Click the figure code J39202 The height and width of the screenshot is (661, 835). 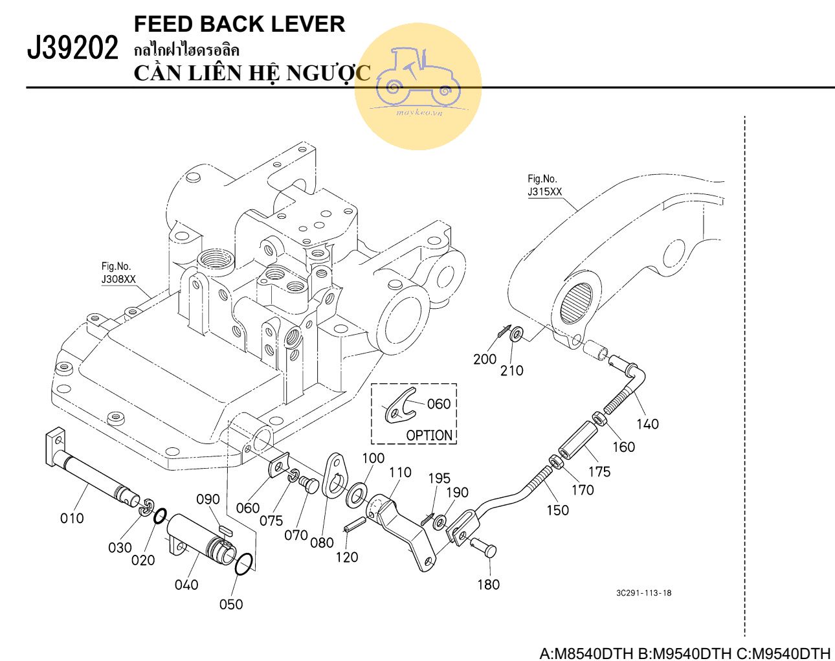click(x=72, y=49)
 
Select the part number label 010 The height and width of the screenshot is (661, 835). click(x=72, y=518)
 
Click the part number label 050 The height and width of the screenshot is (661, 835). click(x=231, y=604)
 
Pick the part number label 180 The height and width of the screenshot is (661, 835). click(x=488, y=585)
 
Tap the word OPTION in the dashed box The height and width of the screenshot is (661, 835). click(x=429, y=435)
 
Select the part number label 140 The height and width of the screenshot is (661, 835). click(x=647, y=424)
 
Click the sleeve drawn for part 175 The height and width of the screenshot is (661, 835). click(x=577, y=440)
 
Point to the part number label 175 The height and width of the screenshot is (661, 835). click(x=599, y=472)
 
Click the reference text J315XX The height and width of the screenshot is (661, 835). click(x=544, y=192)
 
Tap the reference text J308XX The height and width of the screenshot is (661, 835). click(x=118, y=279)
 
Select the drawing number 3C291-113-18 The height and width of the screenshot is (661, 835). click(x=643, y=592)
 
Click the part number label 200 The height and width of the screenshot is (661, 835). click(x=485, y=359)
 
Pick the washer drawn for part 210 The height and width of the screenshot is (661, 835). click(x=517, y=335)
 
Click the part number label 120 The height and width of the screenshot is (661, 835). click(x=346, y=557)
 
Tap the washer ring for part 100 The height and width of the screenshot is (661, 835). click(x=355, y=497)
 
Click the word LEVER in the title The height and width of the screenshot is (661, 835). click(x=307, y=24)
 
